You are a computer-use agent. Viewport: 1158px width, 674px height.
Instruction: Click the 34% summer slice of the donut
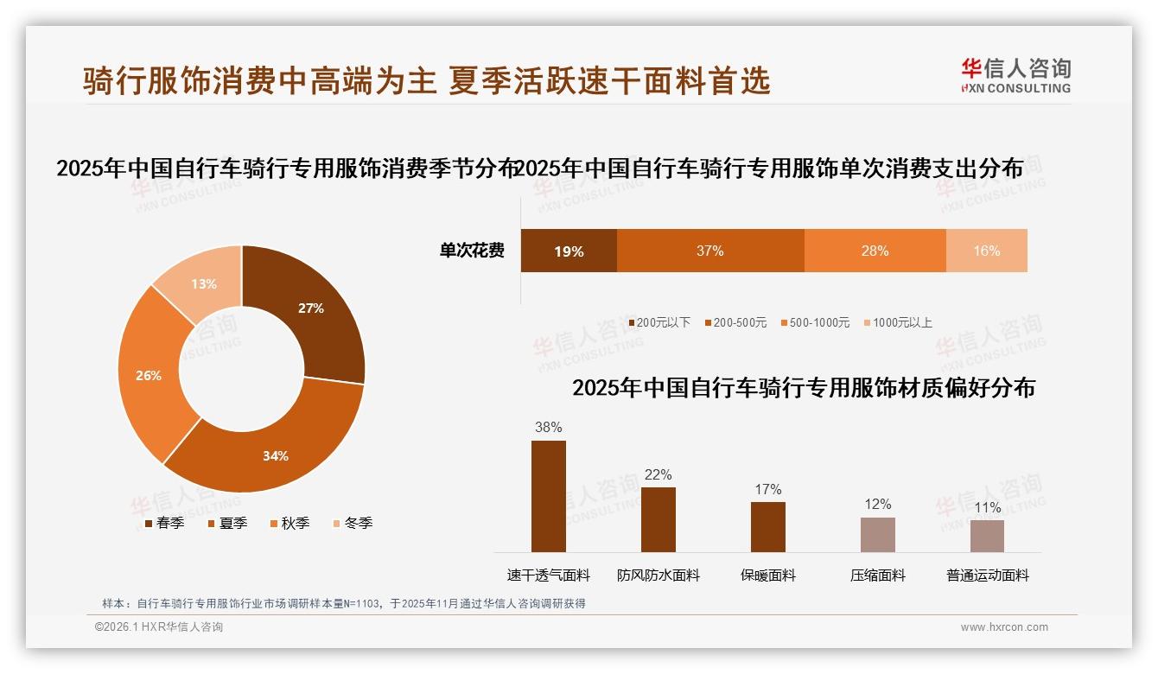click(268, 449)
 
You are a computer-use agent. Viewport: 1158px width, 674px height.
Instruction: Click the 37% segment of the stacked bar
click(710, 251)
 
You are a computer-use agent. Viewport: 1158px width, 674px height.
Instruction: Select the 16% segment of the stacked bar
click(987, 251)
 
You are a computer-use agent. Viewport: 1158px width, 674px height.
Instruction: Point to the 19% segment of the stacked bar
click(569, 251)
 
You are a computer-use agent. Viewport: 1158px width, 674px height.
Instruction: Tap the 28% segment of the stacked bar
click(875, 251)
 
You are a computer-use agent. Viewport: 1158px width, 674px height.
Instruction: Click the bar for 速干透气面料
click(549, 496)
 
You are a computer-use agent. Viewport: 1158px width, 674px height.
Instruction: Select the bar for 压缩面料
click(878, 534)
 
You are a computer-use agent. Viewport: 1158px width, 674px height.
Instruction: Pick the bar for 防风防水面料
click(659, 519)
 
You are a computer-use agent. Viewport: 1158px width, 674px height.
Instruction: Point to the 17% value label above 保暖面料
click(768, 490)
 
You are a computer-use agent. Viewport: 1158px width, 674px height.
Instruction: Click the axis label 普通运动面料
click(988, 575)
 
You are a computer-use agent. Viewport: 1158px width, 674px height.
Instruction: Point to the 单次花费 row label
click(472, 251)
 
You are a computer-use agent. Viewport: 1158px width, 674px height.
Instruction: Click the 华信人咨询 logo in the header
click(1015, 75)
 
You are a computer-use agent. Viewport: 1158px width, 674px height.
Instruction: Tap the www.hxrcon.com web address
click(1004, 627)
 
